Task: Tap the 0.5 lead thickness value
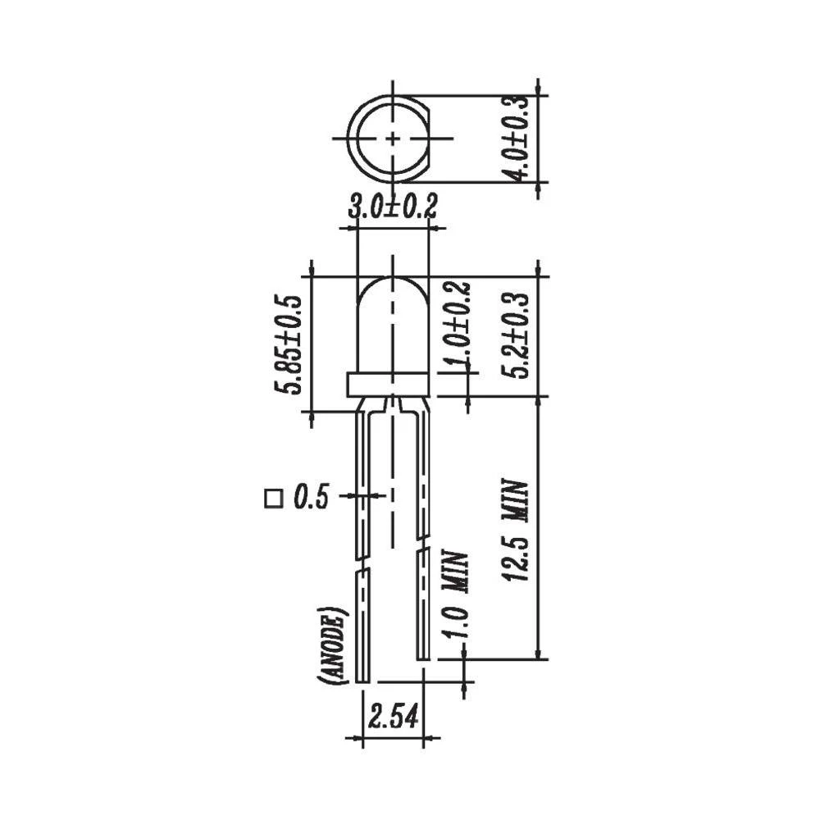tap(311, 497)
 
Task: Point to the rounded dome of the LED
tap(394, 303)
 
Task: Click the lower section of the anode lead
tap(363, 627)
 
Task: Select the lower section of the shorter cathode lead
tap(423, 607)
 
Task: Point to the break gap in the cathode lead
tap(423, 544)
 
